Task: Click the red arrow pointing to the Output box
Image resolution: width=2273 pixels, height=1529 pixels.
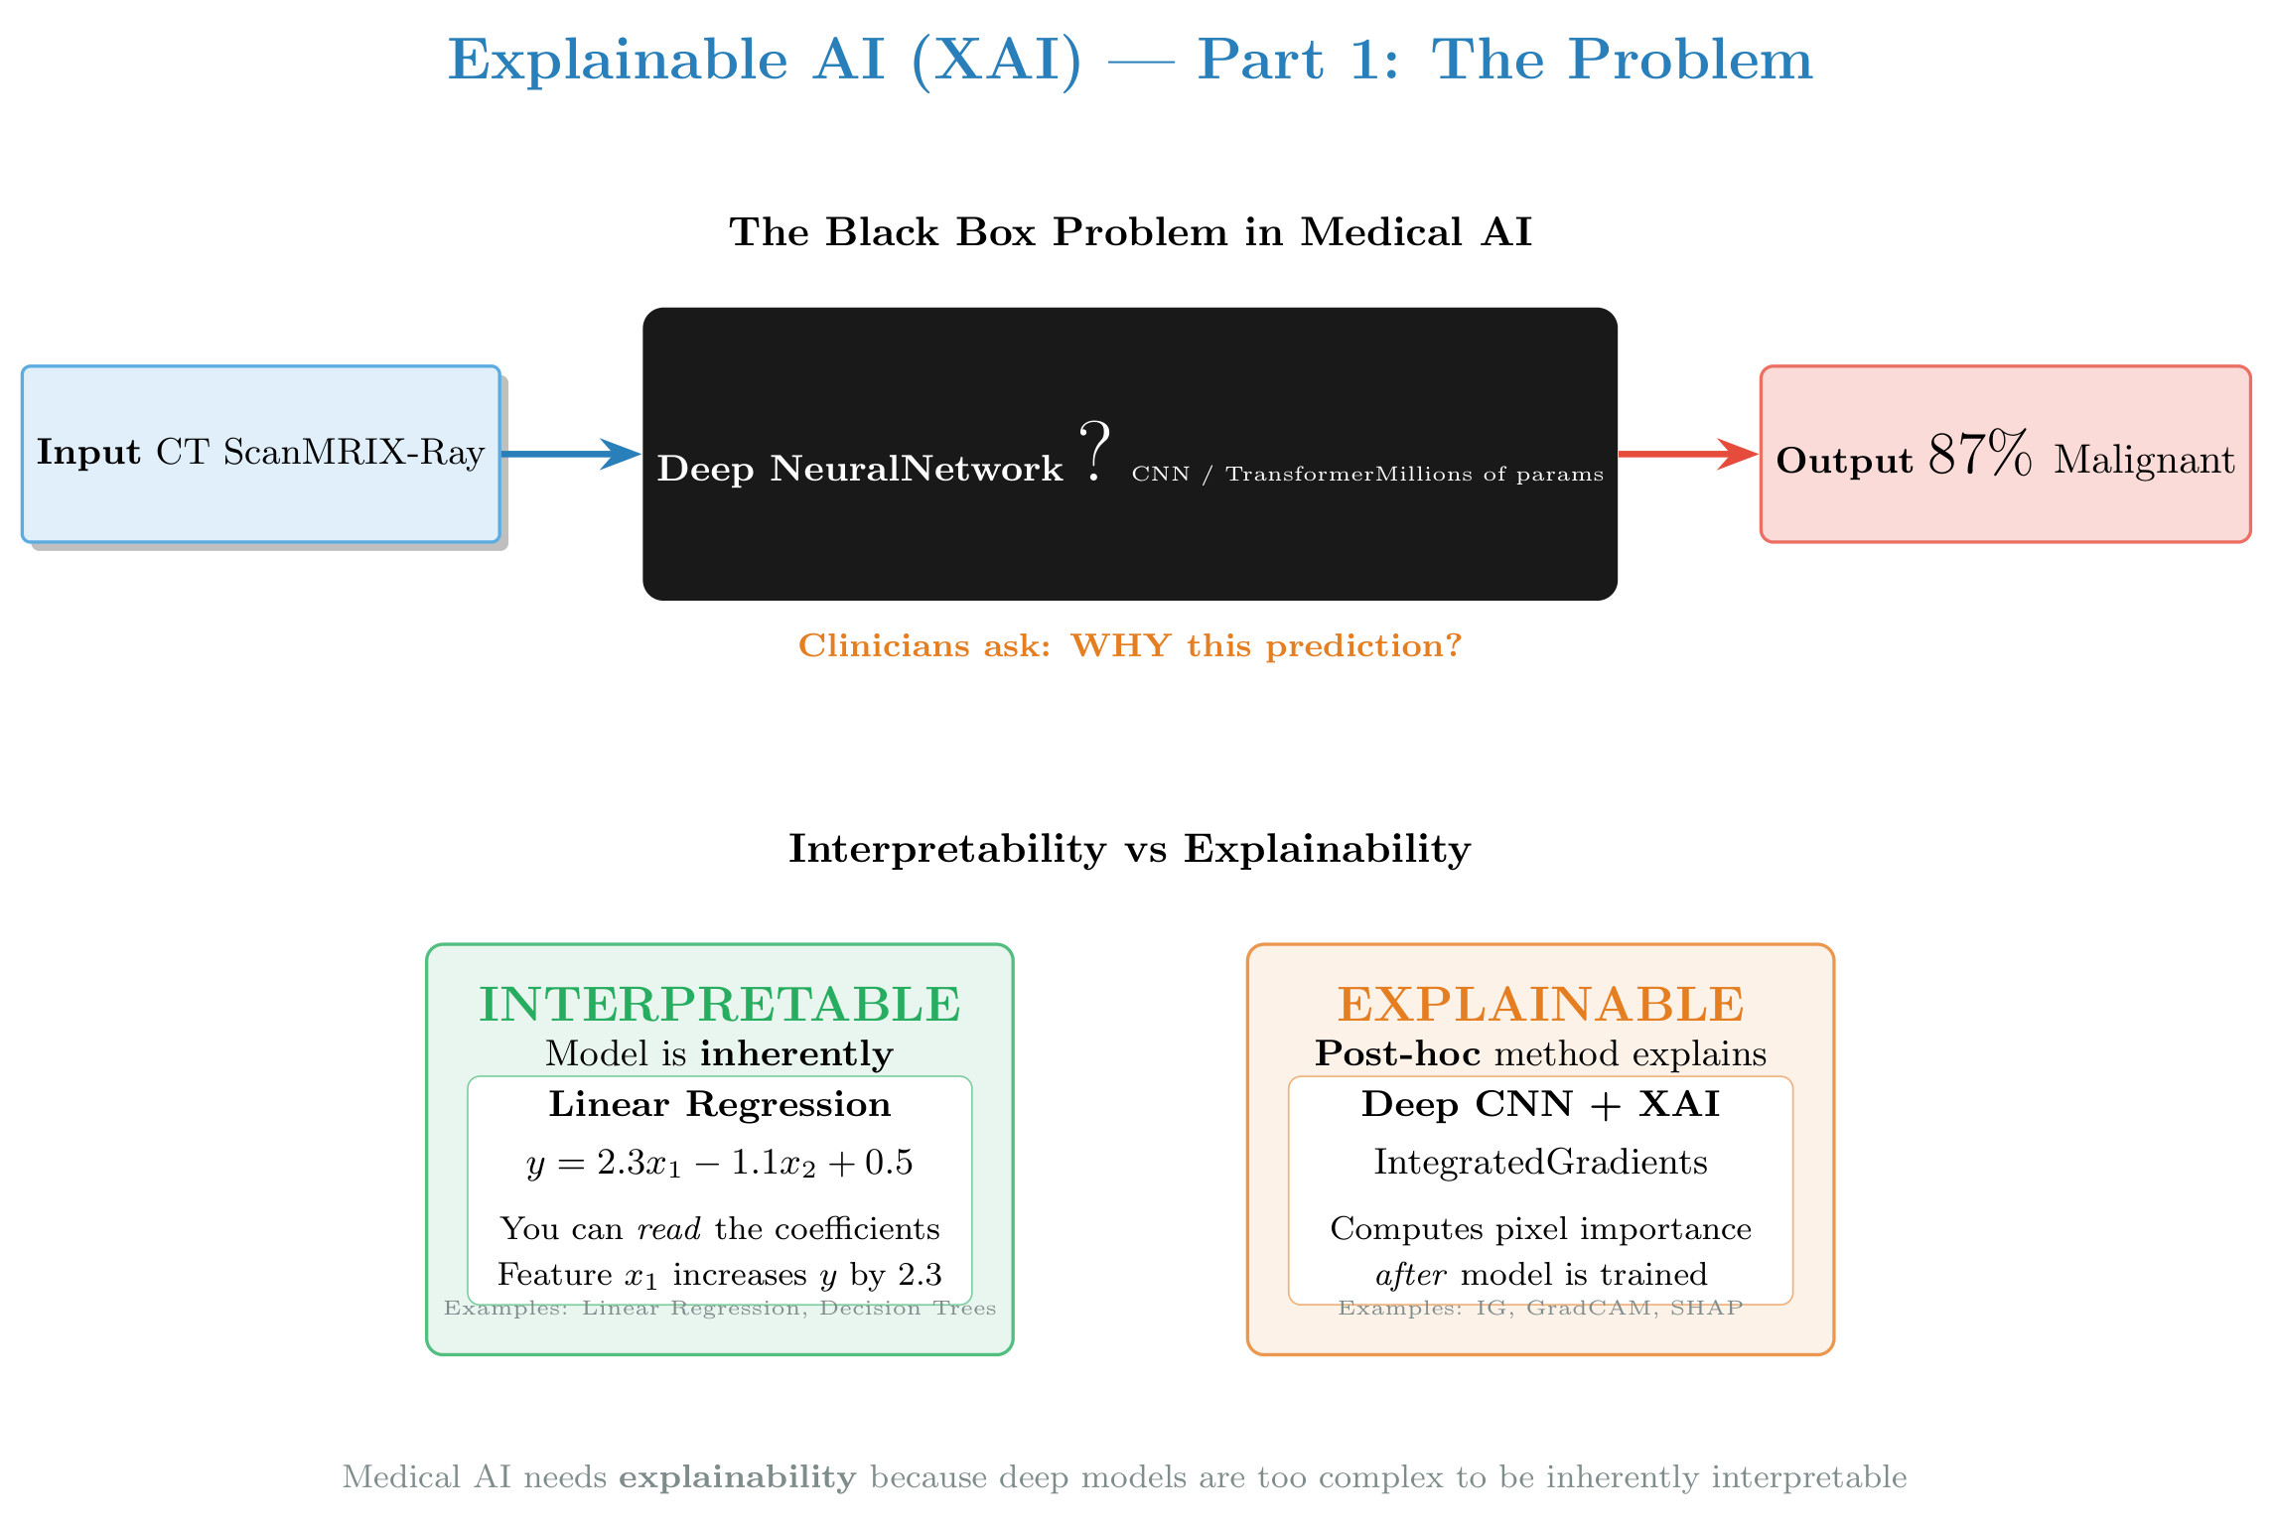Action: [x=1687, y=454]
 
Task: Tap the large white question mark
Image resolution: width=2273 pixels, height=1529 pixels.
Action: [x=1094, y=452]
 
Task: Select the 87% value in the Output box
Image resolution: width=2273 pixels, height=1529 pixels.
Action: [x=1980, y=456]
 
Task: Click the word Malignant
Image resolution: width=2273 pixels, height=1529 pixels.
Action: [x=2144, y=460]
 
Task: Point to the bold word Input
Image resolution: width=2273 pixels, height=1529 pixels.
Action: [x=88, y=453]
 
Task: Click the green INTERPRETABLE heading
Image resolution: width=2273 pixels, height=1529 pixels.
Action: [x=719, y=1004]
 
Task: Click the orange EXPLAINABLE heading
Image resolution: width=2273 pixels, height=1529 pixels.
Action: [x=1540, y=1004]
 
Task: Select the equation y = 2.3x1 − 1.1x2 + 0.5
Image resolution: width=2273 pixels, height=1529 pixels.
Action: [x=719, y=1163]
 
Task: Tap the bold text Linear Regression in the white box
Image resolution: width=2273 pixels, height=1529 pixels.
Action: [x=719, y=1104]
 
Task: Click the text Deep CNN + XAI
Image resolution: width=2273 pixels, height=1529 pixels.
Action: [x=1540, y=1104]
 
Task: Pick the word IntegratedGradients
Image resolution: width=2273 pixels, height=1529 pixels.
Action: [x=1540, y=1162]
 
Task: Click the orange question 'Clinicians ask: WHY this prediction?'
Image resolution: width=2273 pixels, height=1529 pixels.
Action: [x=1130, y=646]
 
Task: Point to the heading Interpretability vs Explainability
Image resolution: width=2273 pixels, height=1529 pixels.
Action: [x=1129, y=849]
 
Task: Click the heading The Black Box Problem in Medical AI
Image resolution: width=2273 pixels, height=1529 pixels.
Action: [x=1130, y=232]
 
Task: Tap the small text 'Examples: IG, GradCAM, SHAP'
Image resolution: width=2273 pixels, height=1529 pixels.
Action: [x=1540, y=1309]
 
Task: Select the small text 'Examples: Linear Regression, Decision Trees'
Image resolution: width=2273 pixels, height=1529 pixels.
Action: [x=719, y=1309]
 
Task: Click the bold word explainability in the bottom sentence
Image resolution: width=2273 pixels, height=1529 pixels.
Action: [x=737, y=1477]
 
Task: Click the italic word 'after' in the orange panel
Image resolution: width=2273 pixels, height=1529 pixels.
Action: [x=1410, y=1274]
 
